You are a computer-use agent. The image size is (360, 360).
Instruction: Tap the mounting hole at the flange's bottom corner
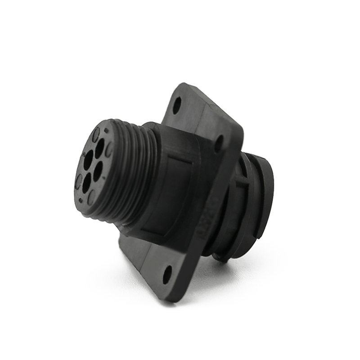[167, 274]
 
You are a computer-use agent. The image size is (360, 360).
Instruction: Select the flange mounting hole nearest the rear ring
[219, 144]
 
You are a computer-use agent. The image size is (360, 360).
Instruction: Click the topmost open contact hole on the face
[99, 148]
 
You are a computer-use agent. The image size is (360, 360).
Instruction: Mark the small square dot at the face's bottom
[80, 201]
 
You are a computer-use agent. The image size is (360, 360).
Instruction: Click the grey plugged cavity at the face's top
[96, 134]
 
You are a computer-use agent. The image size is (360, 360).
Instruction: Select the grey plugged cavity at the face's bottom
[91, 197]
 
